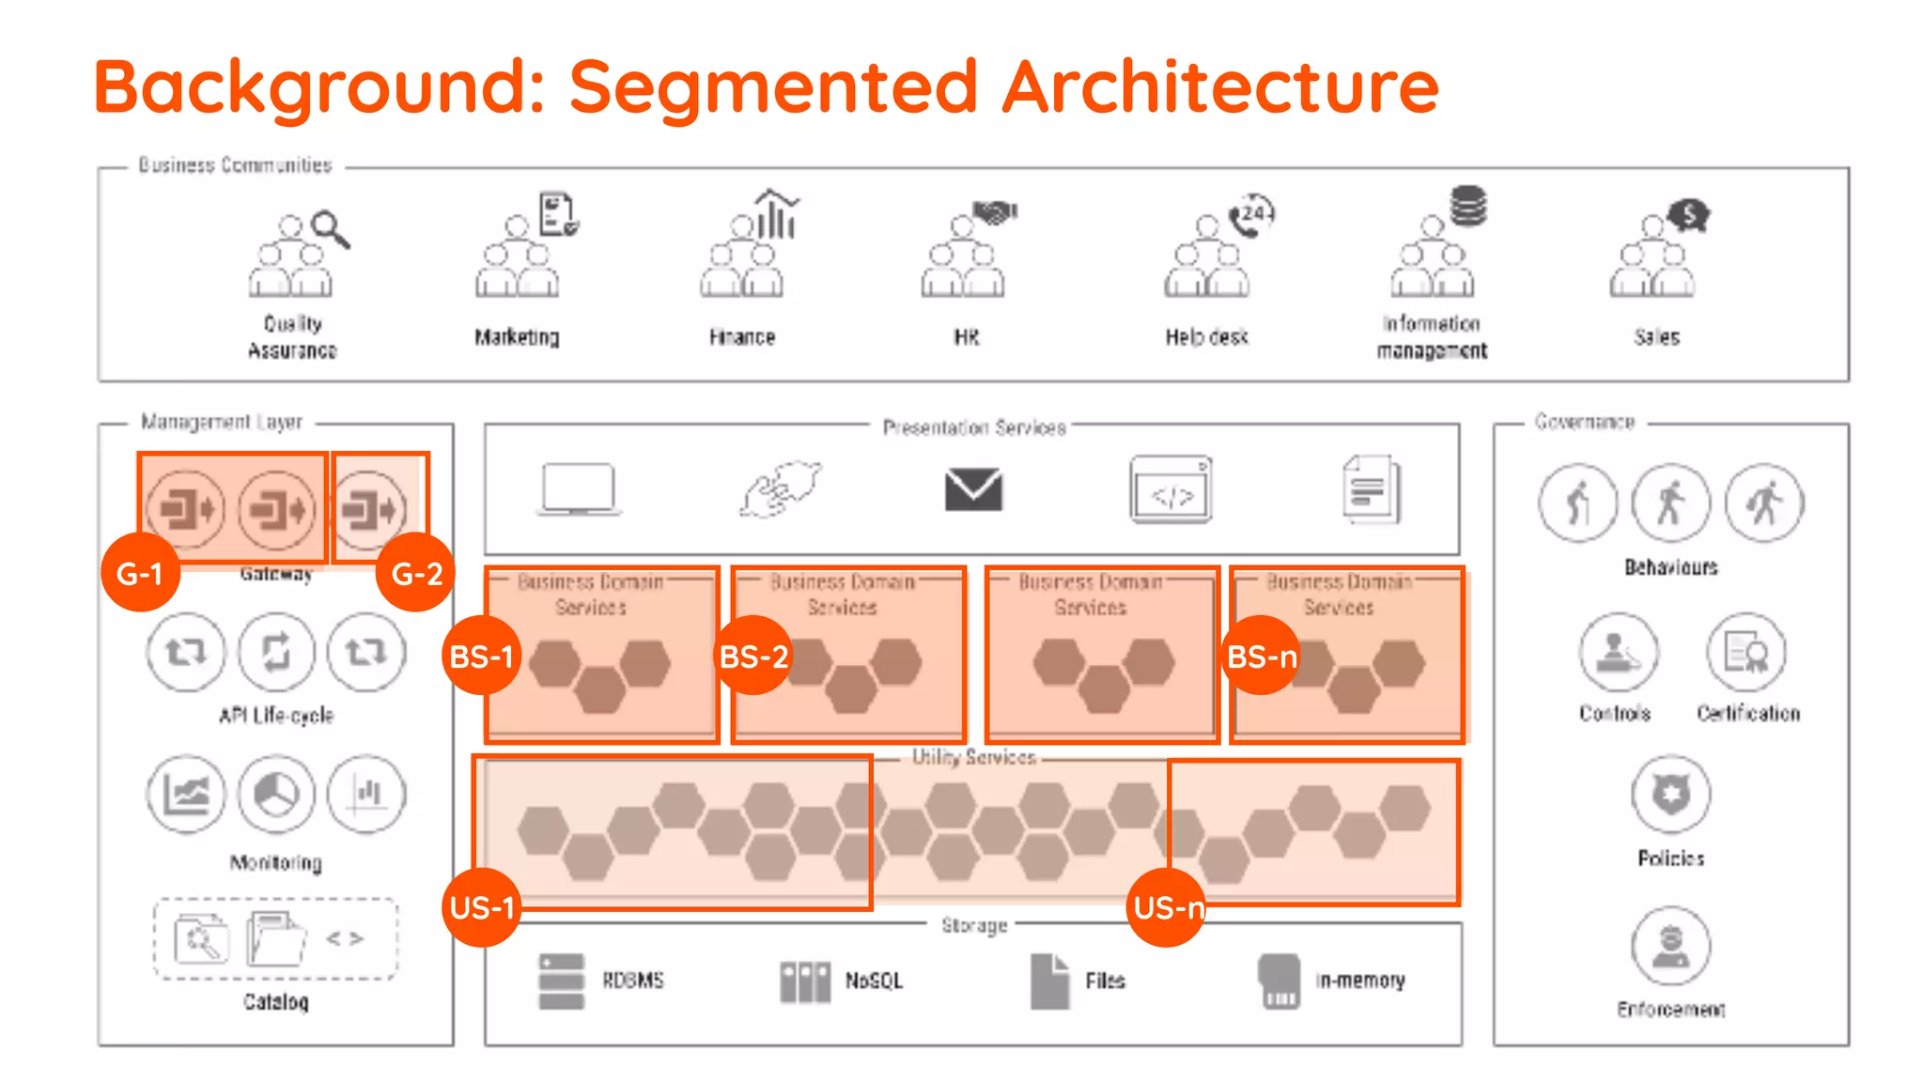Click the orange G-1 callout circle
(x=140, y=572)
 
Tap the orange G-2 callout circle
(x=415, y=572)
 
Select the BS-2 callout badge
(x=753, y=656)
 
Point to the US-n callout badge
(x=1167, y=907)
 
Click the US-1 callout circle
(x=482, y=907)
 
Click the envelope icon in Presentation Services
(x=973, y=489)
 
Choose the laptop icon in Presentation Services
(x=579, y=489)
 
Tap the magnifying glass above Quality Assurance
(x=331, y=228)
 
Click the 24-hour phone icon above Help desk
(x=1251, y=215)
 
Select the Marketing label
(x=517, y=336)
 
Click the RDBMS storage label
(x=632, y=981)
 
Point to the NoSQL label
(x=874, y=981)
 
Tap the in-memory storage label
(x=1359, y=981)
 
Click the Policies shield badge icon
(x=1670, y=795)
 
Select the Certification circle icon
(x=1746, y=652)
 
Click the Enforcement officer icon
(x=1670, y=946)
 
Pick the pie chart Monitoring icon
(x=276, y=795)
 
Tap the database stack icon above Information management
(x=1467, y=206)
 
